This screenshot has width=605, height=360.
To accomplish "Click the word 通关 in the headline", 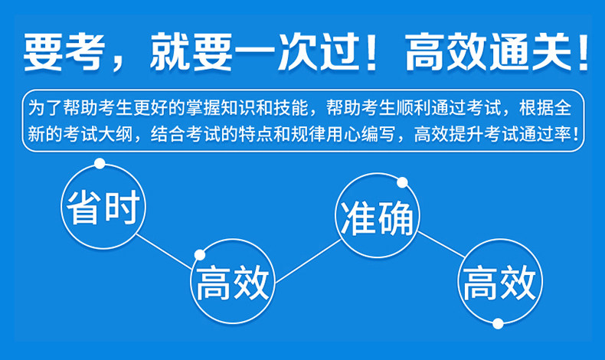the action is pyautogui.click(x=531, y=52).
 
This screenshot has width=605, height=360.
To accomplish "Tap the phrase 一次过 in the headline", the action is pyautogui.click(x=297, y=52).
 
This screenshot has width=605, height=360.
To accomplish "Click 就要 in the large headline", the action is pyautogui.click(x=191, y=52).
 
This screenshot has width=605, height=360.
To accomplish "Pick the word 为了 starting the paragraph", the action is pyautogui.click(x=45, y=108).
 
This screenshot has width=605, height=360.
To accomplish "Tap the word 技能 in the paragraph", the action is pyautogui.click(x=290, y=108).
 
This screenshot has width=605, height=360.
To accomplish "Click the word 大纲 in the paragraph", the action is pyautogui.click(x=115, y=134).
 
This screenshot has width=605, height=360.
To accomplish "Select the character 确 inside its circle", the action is pyautogui.click(x=395, y=218).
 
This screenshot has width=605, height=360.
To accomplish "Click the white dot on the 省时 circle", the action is pyautogui.click(x=100, y=164).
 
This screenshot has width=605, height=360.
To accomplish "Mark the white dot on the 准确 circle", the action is pyautogui.click(x=402, y=182).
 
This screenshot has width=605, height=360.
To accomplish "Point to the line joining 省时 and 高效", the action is pyautogui.click(x=165, y=251).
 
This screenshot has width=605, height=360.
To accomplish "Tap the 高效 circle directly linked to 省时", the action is pyautogui.click(x=233, y=281).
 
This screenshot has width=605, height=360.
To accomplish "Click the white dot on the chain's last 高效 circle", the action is pyautogui.click(x=498, y=323).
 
